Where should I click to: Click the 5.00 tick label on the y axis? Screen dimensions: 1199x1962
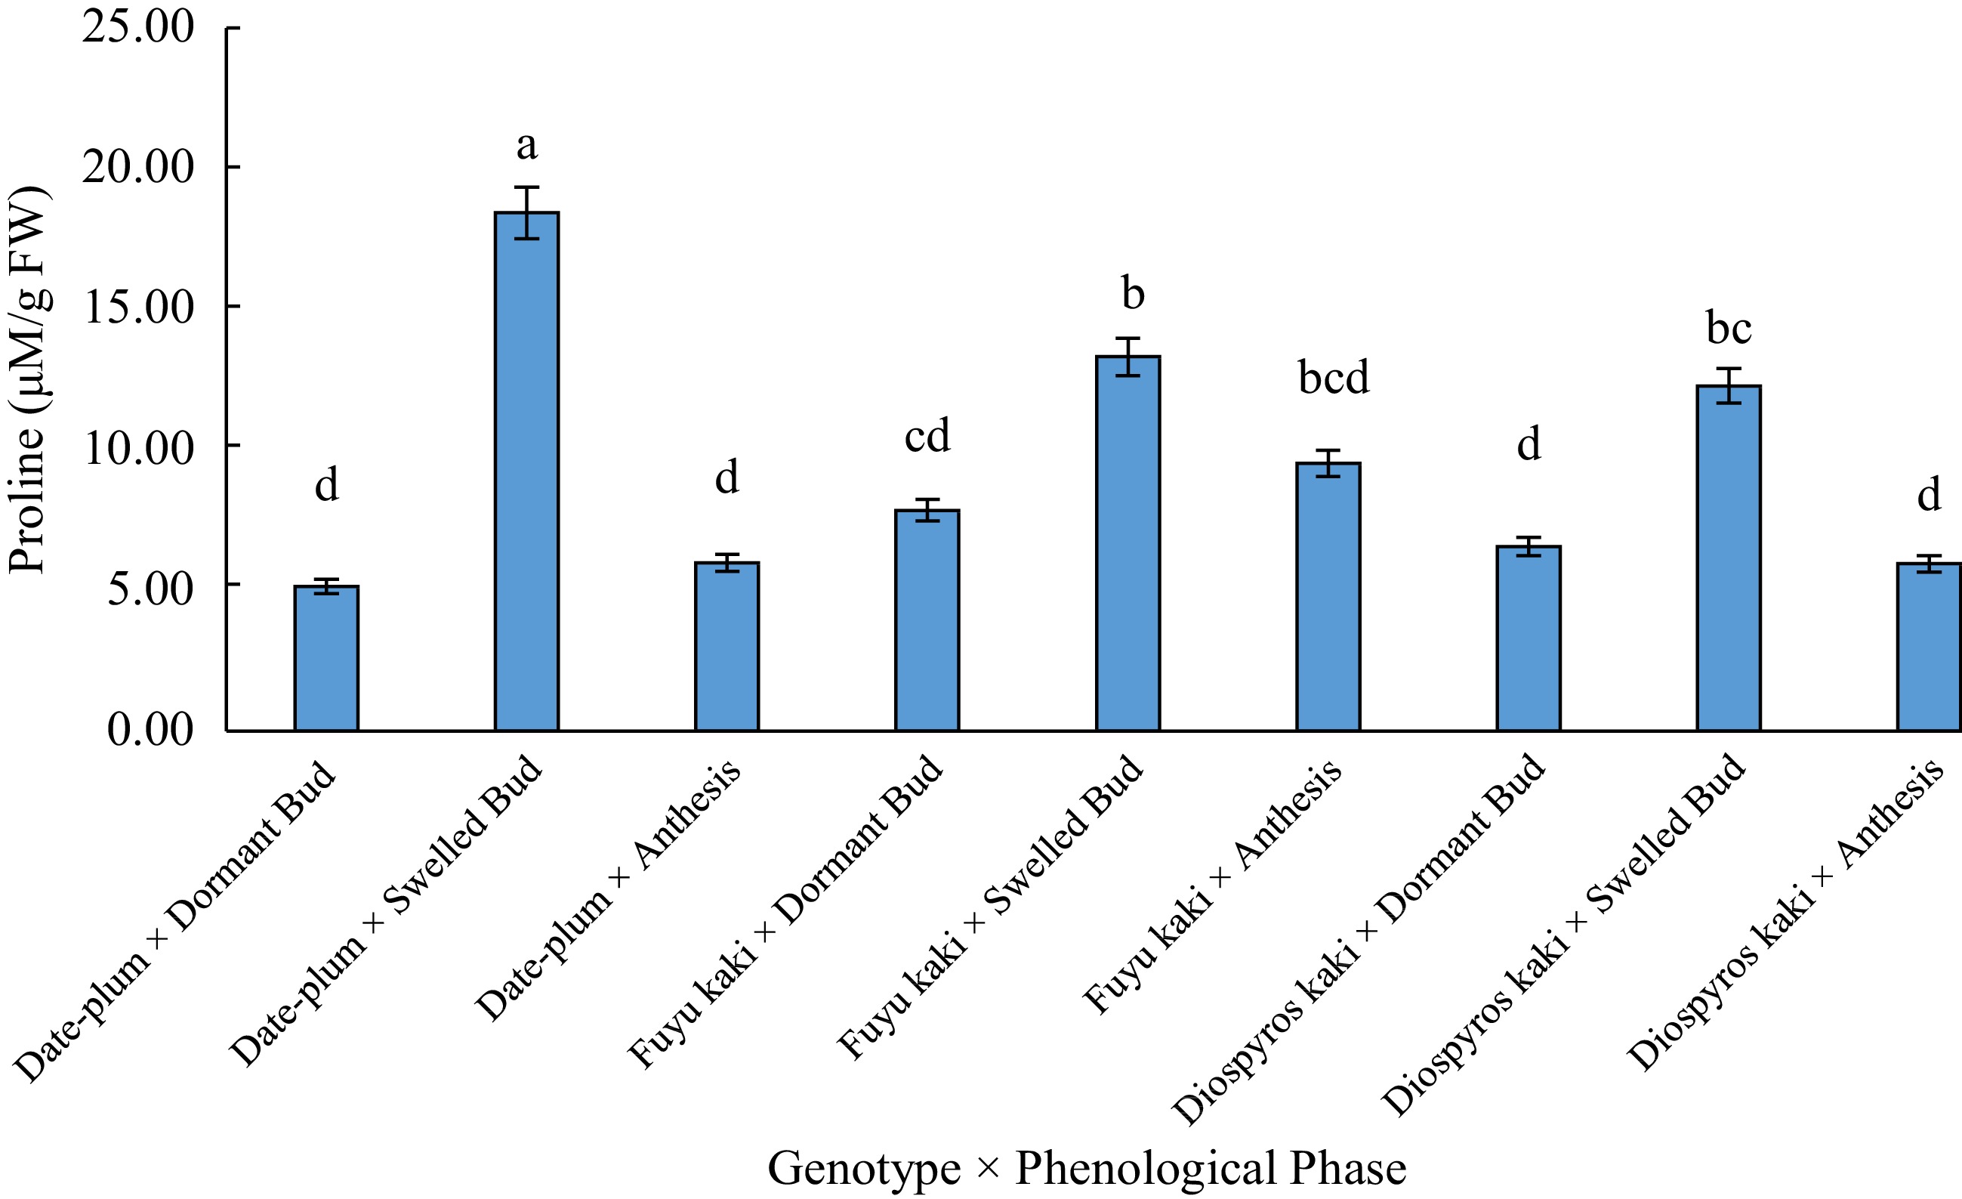pyautogui.click(x=150, y=589)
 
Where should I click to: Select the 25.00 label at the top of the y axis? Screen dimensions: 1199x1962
pyautogui.click(x=137, y=27)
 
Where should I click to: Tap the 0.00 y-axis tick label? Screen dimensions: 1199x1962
pyautogui.click(x=150, y=729)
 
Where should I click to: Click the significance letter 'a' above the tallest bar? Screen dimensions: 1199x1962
pyautogui.click(x=526, y=146)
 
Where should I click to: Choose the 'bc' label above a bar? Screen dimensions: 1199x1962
pyautogui.click(x=1729, y=327)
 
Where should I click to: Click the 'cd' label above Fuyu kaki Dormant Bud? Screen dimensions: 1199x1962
pyautogui.click(x=927, y=436)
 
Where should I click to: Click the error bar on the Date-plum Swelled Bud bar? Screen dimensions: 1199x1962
pyautogui.click(x=526, y=213)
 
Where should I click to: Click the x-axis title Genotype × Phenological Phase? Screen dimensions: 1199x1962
pyautogui.click(x=1087, y=1168)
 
